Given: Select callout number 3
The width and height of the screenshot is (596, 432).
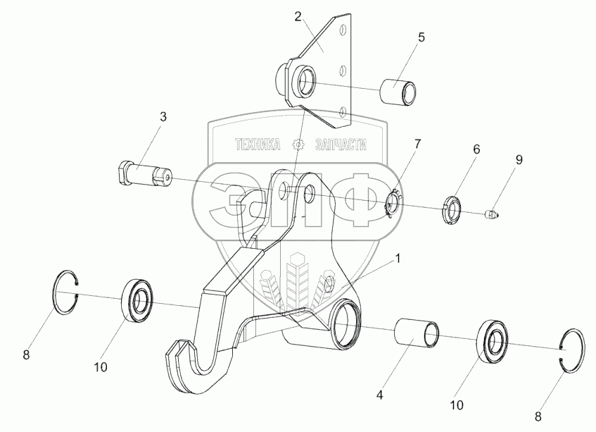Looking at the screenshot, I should pyautogui.click(x=163, y=117).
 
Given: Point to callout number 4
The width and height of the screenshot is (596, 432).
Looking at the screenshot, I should pyautogui.click(x=380, y=395).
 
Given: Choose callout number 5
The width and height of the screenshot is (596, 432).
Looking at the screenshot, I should pyautogui.click(x=421, y=37).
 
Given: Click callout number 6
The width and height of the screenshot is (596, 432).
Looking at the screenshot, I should pyautogui.click(x=476, y=149).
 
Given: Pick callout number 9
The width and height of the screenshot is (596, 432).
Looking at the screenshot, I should pyautogui.click(x=519, y=160).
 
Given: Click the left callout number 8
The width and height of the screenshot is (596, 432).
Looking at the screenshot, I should pyautogui.click(x=27, y=355).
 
